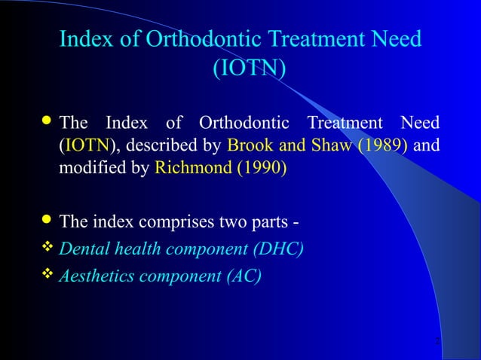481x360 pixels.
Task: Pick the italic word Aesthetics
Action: (93, 276)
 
